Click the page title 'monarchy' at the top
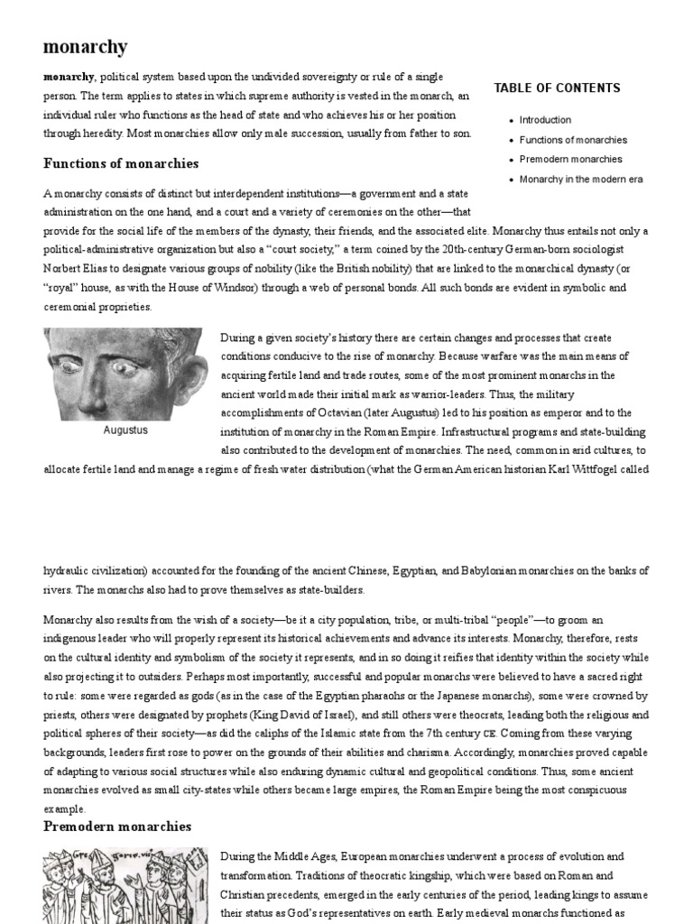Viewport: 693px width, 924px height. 86,47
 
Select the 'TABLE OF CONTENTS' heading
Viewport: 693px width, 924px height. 557,88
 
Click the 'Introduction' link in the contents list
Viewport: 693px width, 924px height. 545,119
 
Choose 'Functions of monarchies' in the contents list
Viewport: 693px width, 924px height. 573,140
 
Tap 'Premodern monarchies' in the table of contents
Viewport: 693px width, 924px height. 570,160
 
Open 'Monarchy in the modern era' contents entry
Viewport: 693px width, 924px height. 581,180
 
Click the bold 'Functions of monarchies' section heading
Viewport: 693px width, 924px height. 121,163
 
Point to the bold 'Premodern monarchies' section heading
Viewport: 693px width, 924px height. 117,826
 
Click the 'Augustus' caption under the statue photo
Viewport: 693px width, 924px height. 125,430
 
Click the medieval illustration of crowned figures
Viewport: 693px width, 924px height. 125,885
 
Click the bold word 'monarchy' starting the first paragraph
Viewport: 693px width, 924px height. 69,77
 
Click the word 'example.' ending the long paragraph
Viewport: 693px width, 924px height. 64,808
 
